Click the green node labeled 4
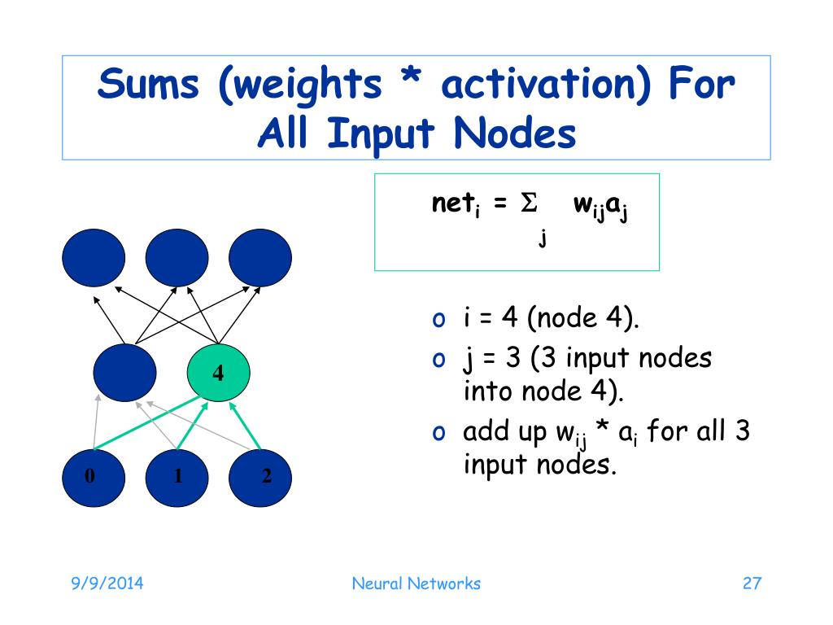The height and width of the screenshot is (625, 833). [x=218, y=374]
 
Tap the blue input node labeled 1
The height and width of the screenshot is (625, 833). [x=177, y=476]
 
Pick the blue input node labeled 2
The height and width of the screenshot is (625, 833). [x=259, y=476]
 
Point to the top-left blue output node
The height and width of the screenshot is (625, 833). [x=94, y=258]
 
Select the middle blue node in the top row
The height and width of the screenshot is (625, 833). [x=177, y=258]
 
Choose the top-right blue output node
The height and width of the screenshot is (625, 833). [x=259, y=258]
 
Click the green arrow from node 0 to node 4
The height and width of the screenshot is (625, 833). [x=146, y=423]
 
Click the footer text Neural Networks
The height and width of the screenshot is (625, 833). [x=416, y=583]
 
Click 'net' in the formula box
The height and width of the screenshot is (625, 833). [x=450, y=204]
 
